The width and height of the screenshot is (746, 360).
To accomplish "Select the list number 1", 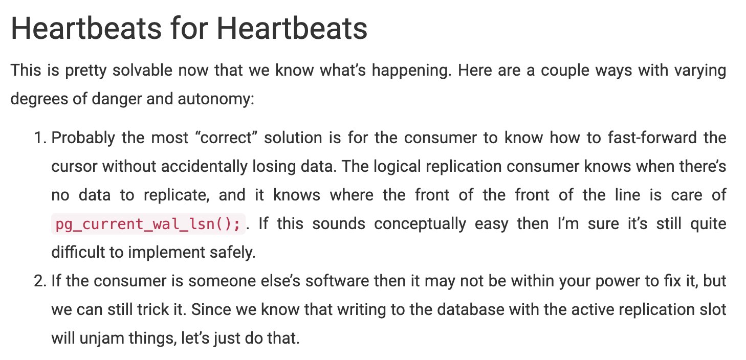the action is [40, 138].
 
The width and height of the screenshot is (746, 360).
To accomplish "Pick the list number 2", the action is [40, 281].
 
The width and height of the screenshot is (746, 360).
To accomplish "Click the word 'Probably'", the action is [83, 138].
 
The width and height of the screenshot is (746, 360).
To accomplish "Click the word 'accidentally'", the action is [204, 167].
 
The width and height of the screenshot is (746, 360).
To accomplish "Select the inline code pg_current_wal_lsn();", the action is [148, 224].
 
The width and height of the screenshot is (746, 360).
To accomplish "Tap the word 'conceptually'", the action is [420, 224].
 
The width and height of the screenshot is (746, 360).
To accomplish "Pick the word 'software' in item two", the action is [337, 281].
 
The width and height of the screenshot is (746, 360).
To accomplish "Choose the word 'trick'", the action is [153, 310].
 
